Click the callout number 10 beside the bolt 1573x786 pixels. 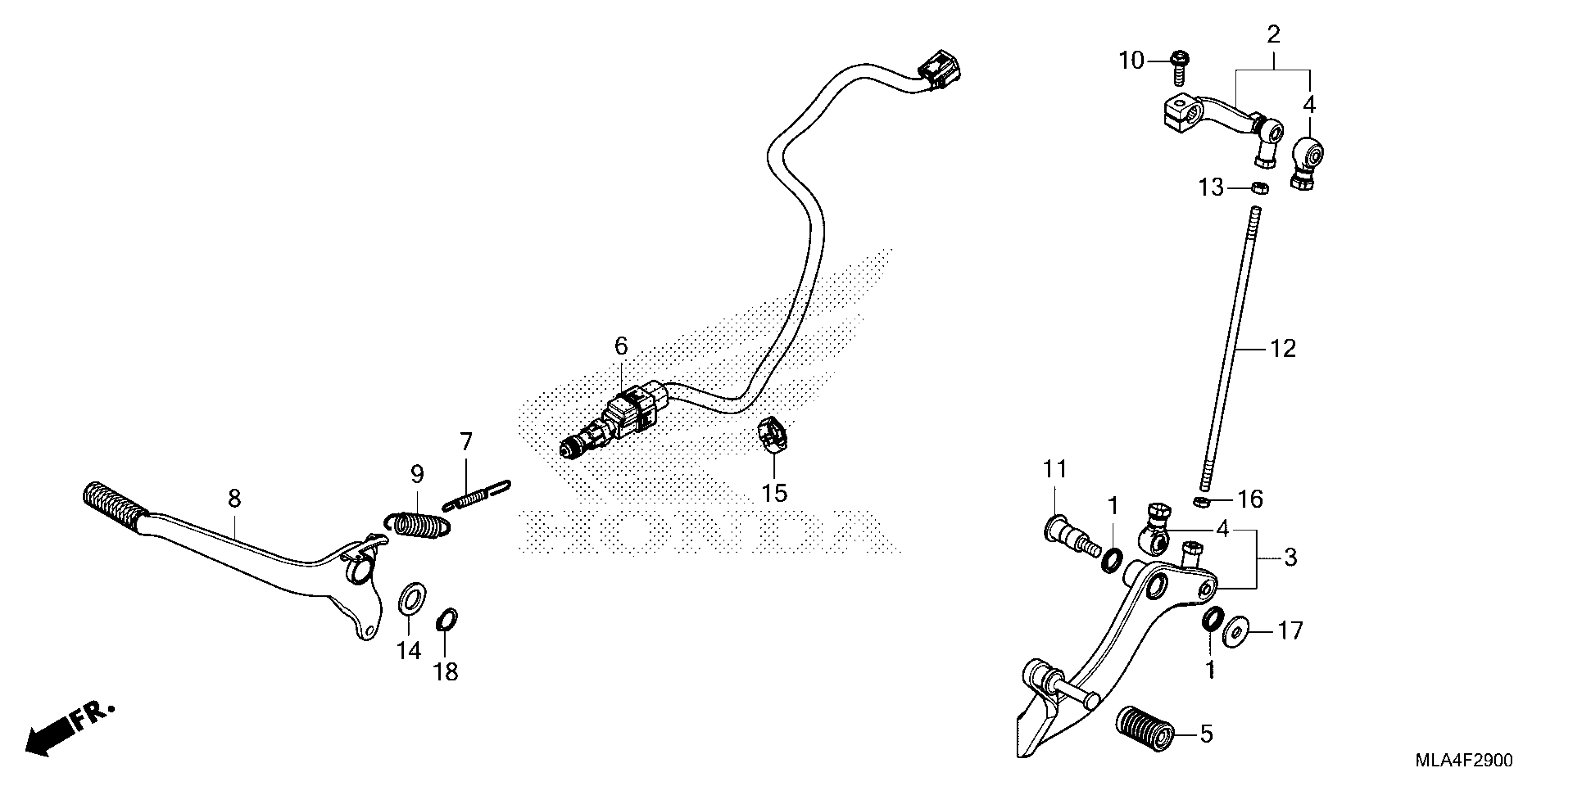click(1130, 61)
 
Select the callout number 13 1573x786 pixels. click(1211, 187)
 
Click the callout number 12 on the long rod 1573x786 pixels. click(1283, 349)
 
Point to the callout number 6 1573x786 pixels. click(621, 347)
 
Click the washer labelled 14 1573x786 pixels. click(413, 599)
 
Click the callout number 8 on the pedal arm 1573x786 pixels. click(235, 498)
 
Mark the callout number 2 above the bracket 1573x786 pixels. click(1273, 35)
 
